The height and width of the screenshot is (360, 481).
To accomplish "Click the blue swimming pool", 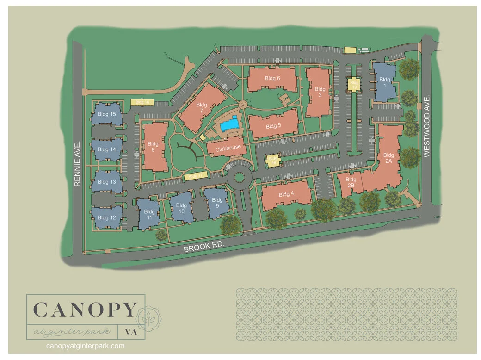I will [x=229, y=124].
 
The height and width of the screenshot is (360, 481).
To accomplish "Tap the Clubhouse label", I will [x=228, y=148].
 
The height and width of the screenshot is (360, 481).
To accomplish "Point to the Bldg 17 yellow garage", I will [x=196, y=176].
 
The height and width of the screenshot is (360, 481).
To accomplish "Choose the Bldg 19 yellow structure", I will [x=273, y=161].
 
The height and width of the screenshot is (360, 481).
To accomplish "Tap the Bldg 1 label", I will [x=385, y=82].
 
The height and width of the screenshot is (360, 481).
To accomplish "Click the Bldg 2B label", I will [x=351, y=182].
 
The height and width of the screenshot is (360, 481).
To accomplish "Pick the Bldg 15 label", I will [x=107, y=114].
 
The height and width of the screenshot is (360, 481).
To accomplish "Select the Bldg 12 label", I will [x=107, y=217].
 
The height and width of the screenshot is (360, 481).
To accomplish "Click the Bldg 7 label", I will [x=202, y=108].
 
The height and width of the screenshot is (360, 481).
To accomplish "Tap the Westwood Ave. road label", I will [x=427, y=126].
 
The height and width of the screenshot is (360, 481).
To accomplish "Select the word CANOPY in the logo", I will [x=85, y=310].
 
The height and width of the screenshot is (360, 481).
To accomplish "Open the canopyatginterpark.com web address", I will [x=86, y=346].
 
